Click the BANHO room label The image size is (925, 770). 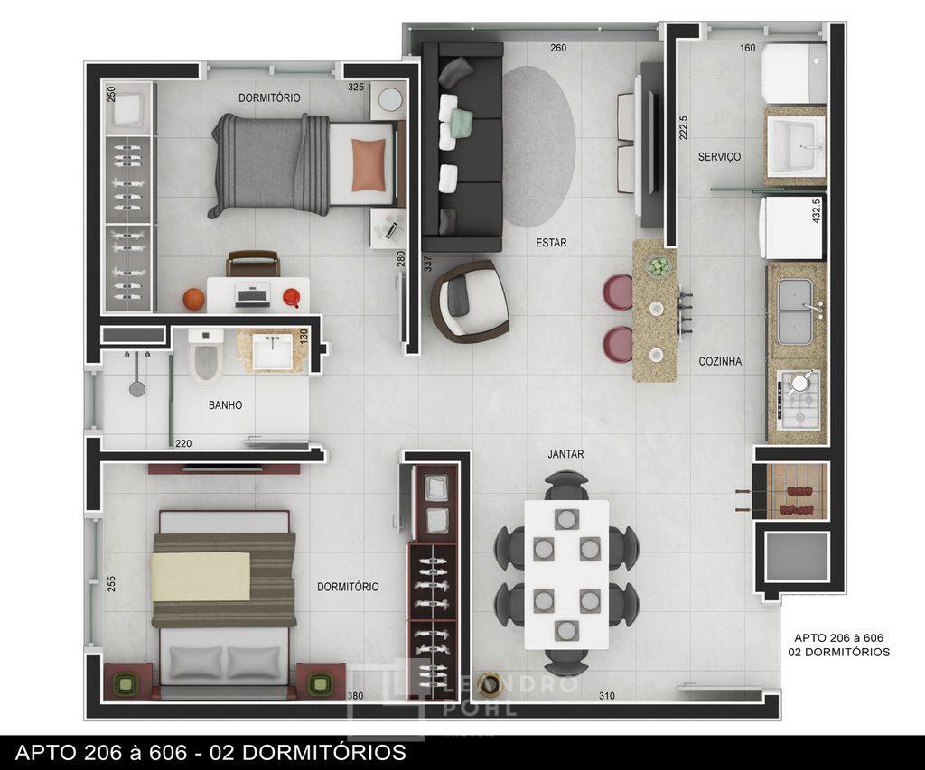(x=225, y=405)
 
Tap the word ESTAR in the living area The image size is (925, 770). (x=552, y=242)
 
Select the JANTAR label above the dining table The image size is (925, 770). (x=565, y=454)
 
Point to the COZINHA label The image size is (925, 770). (x=720, y=361)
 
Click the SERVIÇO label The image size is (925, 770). (x=719, y=157)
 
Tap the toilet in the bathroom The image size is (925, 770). (x=205, y=356)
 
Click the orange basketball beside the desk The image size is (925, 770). (x=193, y=299)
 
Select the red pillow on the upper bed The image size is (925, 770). (x=369, y=165)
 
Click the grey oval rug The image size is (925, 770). (x=538, y=146)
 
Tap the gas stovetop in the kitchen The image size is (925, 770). (x=799, y=400)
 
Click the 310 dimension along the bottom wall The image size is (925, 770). (x=607, y=696)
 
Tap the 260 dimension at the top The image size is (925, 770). (x=558, y=48)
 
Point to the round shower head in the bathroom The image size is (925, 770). (x=137, y=388)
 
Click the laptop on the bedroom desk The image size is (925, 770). (x=253, y=294)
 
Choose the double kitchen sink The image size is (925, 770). (x=795, y=312)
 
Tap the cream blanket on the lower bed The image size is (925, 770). (x=201, y=577)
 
